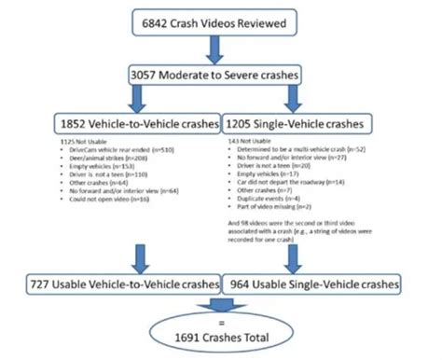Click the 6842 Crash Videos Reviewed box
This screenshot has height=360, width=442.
point(221,21)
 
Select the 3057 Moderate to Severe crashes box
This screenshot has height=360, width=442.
point(222,74)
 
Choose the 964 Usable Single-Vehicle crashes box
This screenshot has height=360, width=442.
point(318,281)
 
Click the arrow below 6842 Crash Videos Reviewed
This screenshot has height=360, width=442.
point(222,48)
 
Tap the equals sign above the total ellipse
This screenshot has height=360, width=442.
point(221,306)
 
